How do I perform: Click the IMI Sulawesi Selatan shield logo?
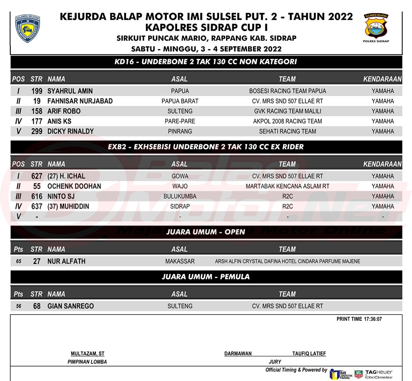(x=27, y=28)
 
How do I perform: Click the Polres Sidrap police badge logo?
(x=376, y=27)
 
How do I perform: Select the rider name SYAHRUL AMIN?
(x=70, y=91)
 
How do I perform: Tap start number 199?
(x=37, y=91)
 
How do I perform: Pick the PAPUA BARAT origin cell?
(x=180, y=101)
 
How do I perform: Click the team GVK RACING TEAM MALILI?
(x=287, y=111)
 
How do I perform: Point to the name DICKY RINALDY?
(x=70, y=132)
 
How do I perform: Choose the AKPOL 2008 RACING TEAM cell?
(x=287, y=121)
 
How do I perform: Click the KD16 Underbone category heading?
(x=206, y=62)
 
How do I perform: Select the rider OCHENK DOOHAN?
(x=74, y=186)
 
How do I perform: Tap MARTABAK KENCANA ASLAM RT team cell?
(x=287, y=186)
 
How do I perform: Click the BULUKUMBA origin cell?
(x=180, y=196)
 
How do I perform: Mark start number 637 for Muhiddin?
(x=37, y=206)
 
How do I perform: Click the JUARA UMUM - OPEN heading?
(x=206, y=232)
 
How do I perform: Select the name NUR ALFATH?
(x=66, y=261)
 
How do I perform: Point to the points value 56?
(x=19, y=306)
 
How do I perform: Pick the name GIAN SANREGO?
(x=70, y=306)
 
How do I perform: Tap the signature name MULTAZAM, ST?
(x=87, y=354)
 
